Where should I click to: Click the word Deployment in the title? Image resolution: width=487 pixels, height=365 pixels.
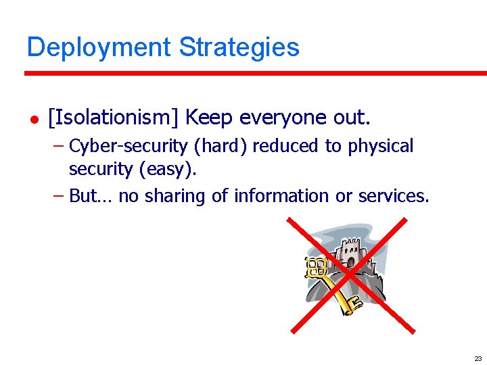coord(99,47)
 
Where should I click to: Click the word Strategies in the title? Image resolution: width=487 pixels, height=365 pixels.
coord(239,47)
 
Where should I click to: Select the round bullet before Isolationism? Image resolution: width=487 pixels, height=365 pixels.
coord(31,119)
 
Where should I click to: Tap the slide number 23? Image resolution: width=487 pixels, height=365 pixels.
coord(478,358)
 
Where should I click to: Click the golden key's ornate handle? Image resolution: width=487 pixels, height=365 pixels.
coord(316,266)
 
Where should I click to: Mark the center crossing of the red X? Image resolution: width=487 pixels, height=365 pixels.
coord(349,275)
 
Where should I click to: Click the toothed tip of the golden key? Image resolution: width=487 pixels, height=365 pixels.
coord(350,307)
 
